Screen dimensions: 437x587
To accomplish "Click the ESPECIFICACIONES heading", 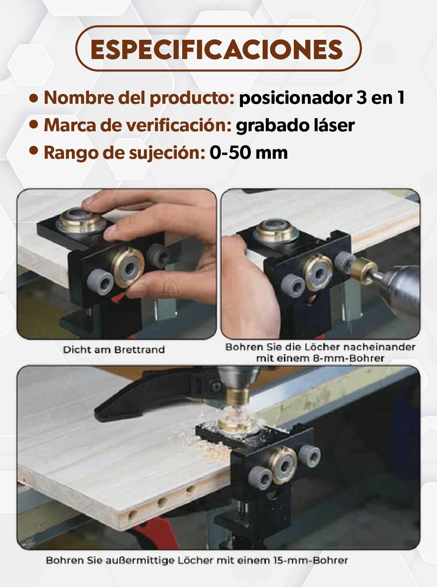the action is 217,50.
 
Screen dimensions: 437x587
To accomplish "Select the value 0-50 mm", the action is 249,153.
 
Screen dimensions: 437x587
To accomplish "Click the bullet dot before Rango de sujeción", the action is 34,151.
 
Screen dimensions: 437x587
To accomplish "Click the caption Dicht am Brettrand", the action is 114,349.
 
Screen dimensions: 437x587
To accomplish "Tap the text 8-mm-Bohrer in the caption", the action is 348,359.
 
